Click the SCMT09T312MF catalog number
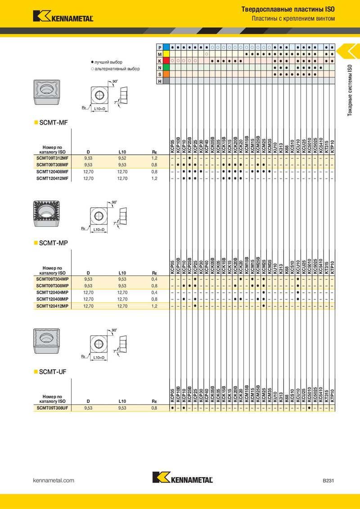(52, 158)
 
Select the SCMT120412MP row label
(52, 306)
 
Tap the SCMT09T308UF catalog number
(52, 408)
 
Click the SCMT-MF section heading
(53, 123)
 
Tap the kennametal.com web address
(54, 480)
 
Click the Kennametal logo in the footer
(183, 478)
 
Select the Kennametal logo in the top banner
(63, 16)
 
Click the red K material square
(166, 61)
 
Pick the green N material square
(166, 67)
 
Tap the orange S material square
(166, 74)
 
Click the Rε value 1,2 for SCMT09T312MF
(154, 158)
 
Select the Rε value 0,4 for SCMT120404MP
(154, 292)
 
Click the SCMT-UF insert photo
(46, 341)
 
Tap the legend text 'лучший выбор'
(108, 62)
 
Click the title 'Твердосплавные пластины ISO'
(288, 9)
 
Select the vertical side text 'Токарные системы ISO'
(350, 90)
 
